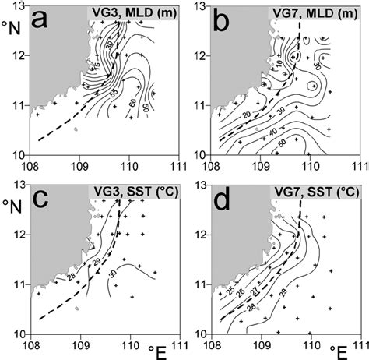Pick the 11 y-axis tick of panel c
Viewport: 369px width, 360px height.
(19, 285)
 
